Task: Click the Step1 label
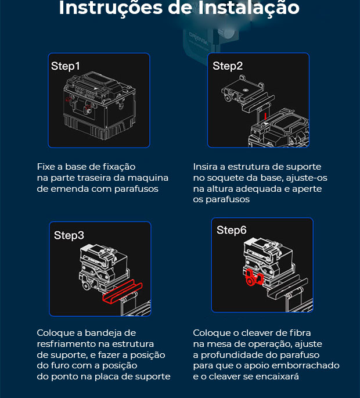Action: click(x=66, y=66)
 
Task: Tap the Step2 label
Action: click(x=228, y=66)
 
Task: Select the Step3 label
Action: click(x=69, y=235)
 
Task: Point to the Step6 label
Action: click(x=231, y=230)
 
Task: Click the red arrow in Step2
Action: click(x=265, y=116)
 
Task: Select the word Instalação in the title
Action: click(x=249, y=8)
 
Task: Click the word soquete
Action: click(x=225, y=178)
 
